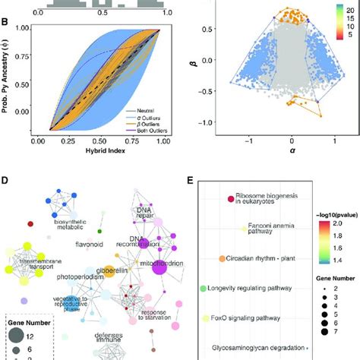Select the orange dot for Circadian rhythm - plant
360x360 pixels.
[x=223, y=258]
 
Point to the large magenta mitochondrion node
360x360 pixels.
[x=161, y=268]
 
